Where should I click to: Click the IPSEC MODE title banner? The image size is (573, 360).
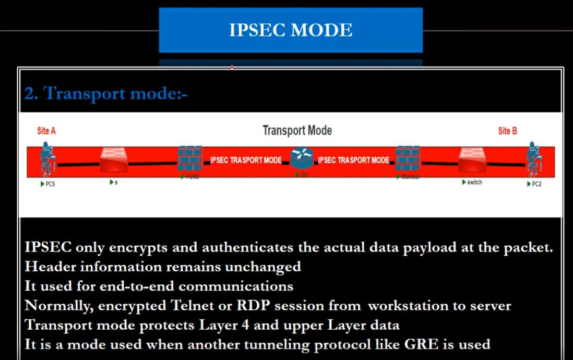(291, 30)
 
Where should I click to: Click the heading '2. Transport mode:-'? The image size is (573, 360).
(105, 94)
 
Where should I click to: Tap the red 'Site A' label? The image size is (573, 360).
(46, 131)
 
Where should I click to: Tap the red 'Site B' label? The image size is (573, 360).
(507, 131)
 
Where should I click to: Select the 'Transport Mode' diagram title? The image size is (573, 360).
(297, 130)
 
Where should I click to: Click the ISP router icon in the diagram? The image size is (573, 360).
(301, 158)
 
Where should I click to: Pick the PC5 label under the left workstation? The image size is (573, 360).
(47, 184)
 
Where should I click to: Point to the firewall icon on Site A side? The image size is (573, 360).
(189, 159)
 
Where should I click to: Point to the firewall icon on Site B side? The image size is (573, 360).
(408, 159)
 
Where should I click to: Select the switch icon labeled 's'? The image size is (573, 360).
(114, 160)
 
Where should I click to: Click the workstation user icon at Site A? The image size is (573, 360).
(47, 158)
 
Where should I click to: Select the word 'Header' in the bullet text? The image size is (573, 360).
(49, 267)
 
